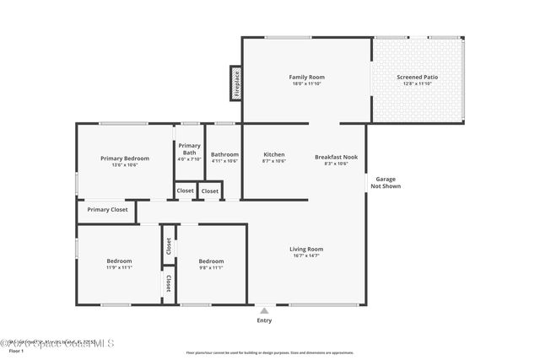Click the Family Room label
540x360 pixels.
pyautogui.click(x=307, y=77)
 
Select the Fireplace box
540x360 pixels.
pyautogui.click(x=236, y=83)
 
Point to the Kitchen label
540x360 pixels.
pyautogui.click(x=274, y=155)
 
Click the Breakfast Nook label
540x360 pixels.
pyautogui.click(x=336, y=156)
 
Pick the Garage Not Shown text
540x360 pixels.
pyautogui.click(x=386, y=183)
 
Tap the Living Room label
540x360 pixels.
pyautogui.click(x=306, y=249)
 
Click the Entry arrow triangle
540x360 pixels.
pyautogui.click(x=265, y=310)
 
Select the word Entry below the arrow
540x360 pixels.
pyautogui.click(x=265, y=320)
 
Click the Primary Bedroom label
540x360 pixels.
pyautogui.click(x=125, y=159)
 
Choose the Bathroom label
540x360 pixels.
pyautogui.click(x=224, y=154)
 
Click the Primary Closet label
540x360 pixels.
pyautogui.click(x=107, y=209)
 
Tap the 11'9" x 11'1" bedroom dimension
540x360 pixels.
pyautogui.click(x=119, y=267)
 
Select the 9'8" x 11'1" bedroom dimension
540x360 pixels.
pyautogui.click(x=211, y=267)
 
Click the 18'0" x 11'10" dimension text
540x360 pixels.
pyautogui.click(x=307, y=83)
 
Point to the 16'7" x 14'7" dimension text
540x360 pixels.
pyautogui.click(x=306, y=255)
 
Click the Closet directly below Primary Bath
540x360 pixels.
pyautogui.click(x=185, y=191)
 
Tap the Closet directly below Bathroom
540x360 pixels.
pyautogui.click(x=210, y=191)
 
